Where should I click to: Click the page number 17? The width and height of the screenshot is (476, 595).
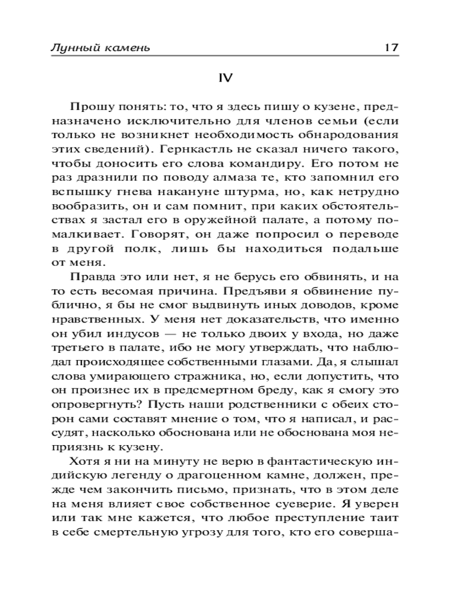391,48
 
